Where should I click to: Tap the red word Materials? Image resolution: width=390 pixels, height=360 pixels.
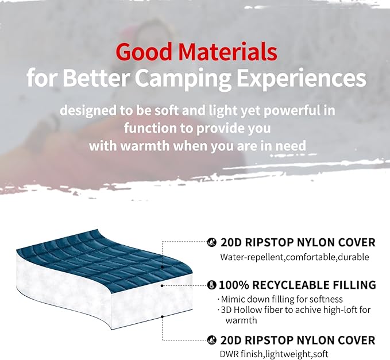[228, 52]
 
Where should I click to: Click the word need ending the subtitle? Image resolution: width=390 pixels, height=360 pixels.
[290, 145]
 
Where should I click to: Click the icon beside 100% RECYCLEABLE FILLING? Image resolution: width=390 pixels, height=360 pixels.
[211, 285]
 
